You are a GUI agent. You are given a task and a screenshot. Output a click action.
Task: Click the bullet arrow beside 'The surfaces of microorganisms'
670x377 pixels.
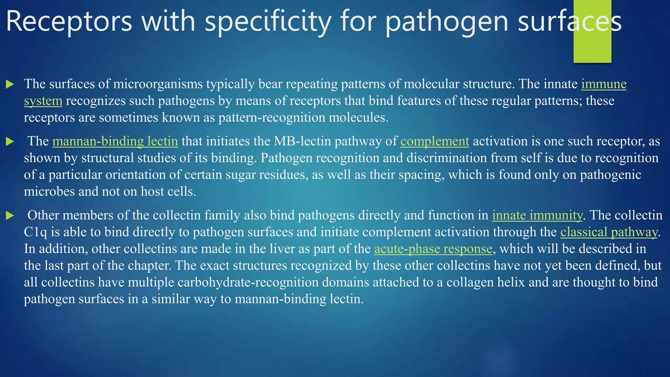coord(10,84)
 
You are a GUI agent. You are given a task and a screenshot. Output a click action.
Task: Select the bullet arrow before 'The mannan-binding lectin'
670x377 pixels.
coord(10,142)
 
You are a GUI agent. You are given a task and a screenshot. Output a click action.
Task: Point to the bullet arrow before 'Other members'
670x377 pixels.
coord(10,216)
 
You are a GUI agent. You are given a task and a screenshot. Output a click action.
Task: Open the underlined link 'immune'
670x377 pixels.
coord(604,84)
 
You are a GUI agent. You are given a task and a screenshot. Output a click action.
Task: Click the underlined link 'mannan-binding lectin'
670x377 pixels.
coord(115,141)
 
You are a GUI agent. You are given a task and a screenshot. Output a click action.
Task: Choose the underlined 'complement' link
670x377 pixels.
coord(434,141)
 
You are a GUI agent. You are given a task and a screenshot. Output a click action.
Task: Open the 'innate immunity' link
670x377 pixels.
coord(537,215)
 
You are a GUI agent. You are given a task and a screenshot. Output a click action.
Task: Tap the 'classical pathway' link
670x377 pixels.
coord(608,232)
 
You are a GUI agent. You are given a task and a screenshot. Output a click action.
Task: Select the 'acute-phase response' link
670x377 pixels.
coord(433,249)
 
